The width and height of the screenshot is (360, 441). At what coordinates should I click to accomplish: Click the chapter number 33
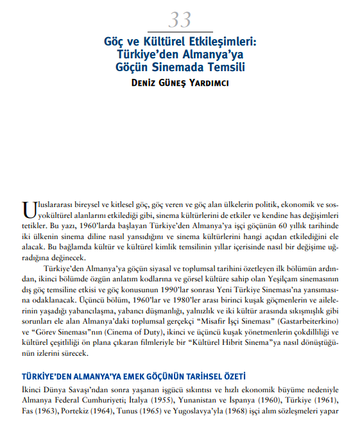(180, 20)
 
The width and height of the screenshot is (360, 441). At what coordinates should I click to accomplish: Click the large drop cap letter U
(28, 210)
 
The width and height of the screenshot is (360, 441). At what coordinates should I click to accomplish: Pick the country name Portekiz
(80, 411)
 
